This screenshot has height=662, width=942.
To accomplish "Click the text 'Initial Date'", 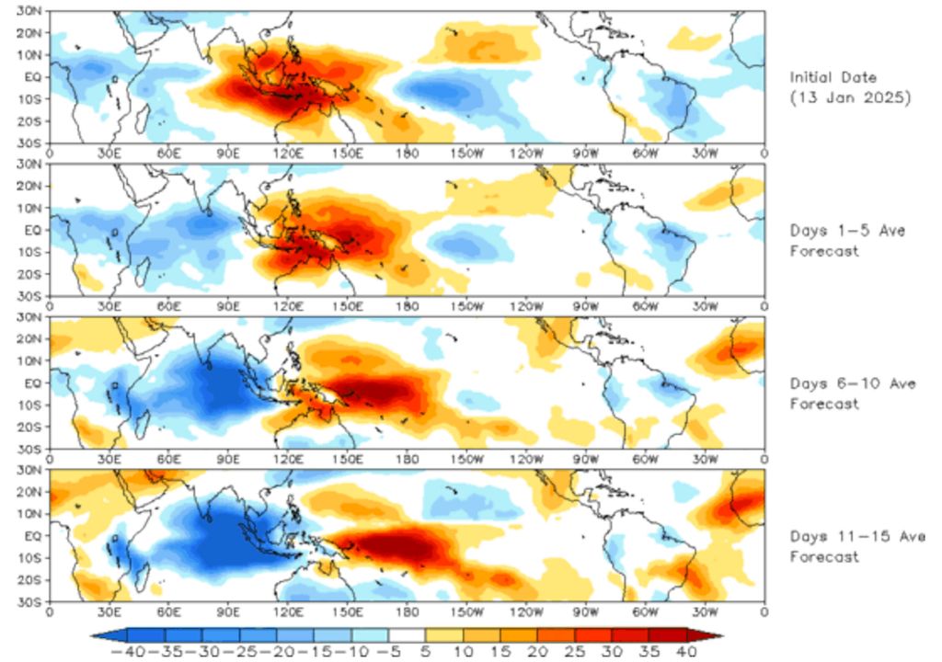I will click(833, 78).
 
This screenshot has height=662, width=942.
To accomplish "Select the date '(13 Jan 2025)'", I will click(851, 98).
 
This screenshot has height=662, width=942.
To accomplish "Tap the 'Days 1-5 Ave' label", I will click(847, 231).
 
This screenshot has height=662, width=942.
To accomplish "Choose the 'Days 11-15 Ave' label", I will click(856, 536).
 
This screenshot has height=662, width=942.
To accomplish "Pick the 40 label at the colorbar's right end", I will click(684, 651).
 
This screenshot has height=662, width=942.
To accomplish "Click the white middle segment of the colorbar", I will click(407, 634).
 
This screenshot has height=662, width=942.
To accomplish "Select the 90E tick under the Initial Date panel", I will click(227, 153).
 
